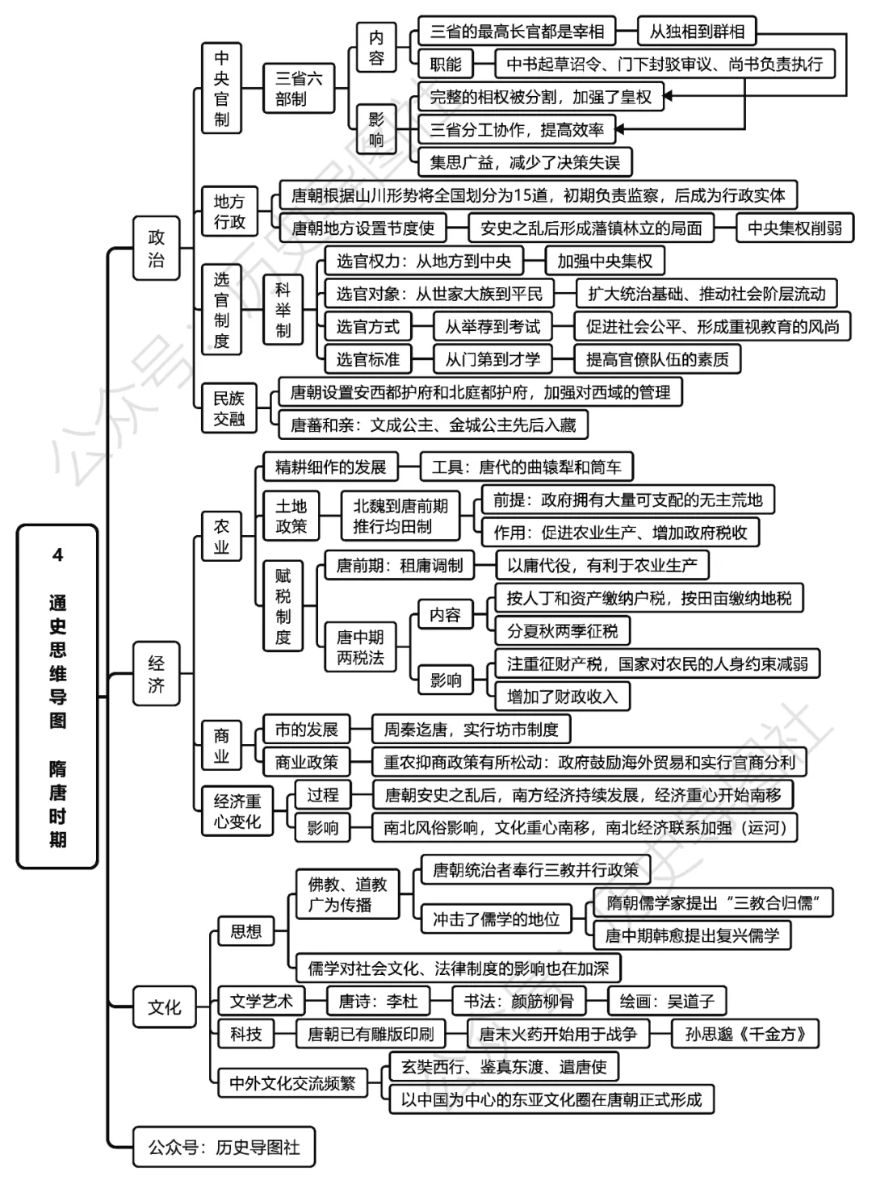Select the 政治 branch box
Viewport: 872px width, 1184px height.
tap(156, 248)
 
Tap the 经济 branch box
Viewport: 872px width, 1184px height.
tap(156, 674)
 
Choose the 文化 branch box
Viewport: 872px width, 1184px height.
tap(165, 1007)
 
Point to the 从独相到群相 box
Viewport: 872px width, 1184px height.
tap(697, 31)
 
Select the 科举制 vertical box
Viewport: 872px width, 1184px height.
tap(283, 310)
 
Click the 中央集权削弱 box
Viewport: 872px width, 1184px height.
tap(794, 228)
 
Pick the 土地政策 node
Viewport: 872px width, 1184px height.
tap(291, 516)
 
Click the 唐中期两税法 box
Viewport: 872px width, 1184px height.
tap(360, 647)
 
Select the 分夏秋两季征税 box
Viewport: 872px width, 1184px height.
tap(562, 631)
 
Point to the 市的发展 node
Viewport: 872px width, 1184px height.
tap(306, 730)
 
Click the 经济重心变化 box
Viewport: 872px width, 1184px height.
tap(237, 811)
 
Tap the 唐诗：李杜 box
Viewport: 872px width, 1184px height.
tap(378, 1001)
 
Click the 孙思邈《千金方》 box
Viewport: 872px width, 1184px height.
tap(745, 1034)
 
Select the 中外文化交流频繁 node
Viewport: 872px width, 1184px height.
tap(292, 1083)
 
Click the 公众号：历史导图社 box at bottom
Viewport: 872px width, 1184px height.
tap(224, 1147)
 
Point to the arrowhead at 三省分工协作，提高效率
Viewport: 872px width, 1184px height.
tap(622, 129)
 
